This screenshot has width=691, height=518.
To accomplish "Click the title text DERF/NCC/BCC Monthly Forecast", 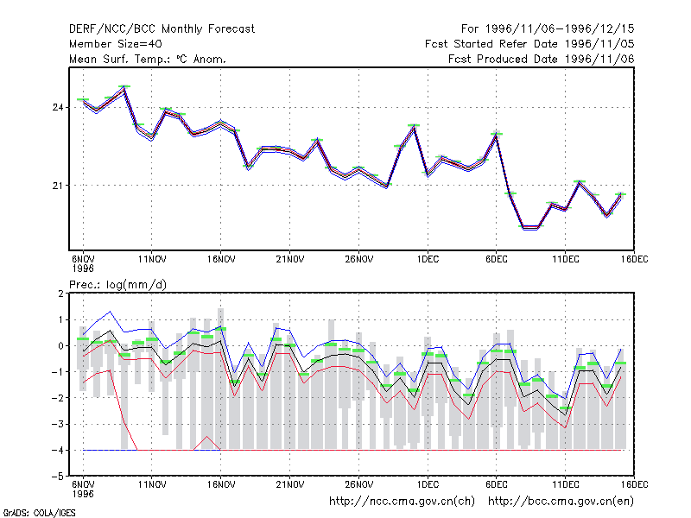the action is (162, 29).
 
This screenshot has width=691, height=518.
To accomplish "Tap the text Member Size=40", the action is (116, 44).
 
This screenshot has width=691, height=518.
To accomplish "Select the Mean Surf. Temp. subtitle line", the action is (148, 59).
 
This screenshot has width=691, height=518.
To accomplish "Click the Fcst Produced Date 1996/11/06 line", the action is (542, 59).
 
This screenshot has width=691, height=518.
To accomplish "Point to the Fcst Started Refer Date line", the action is (529, 44).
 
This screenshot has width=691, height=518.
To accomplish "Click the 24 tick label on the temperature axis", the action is (58, 107).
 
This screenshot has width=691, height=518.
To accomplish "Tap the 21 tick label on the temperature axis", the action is (58, 186).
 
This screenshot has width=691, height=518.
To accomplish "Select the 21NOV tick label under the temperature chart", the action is (290, 259).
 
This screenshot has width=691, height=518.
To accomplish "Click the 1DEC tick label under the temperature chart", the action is (428, 259).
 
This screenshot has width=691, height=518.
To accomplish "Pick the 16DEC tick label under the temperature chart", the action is (635, 259).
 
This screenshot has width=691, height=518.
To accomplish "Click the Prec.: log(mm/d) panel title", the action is (117, 285).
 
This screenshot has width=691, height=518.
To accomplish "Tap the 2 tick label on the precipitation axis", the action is (60, 294).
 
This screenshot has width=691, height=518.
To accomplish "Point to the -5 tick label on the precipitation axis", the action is (58, 477).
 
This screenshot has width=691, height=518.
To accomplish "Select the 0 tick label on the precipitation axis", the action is (60, 346).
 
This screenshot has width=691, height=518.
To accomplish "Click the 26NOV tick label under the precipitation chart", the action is (359, 484).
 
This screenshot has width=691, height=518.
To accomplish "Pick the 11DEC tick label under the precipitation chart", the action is (566, 484).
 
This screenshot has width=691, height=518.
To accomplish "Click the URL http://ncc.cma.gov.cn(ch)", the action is (402, 502).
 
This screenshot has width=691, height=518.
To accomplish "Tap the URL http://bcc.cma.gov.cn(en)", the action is (561, 502).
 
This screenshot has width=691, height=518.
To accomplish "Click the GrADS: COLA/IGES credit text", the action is (39, 513).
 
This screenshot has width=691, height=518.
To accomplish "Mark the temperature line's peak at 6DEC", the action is (497, 134).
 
